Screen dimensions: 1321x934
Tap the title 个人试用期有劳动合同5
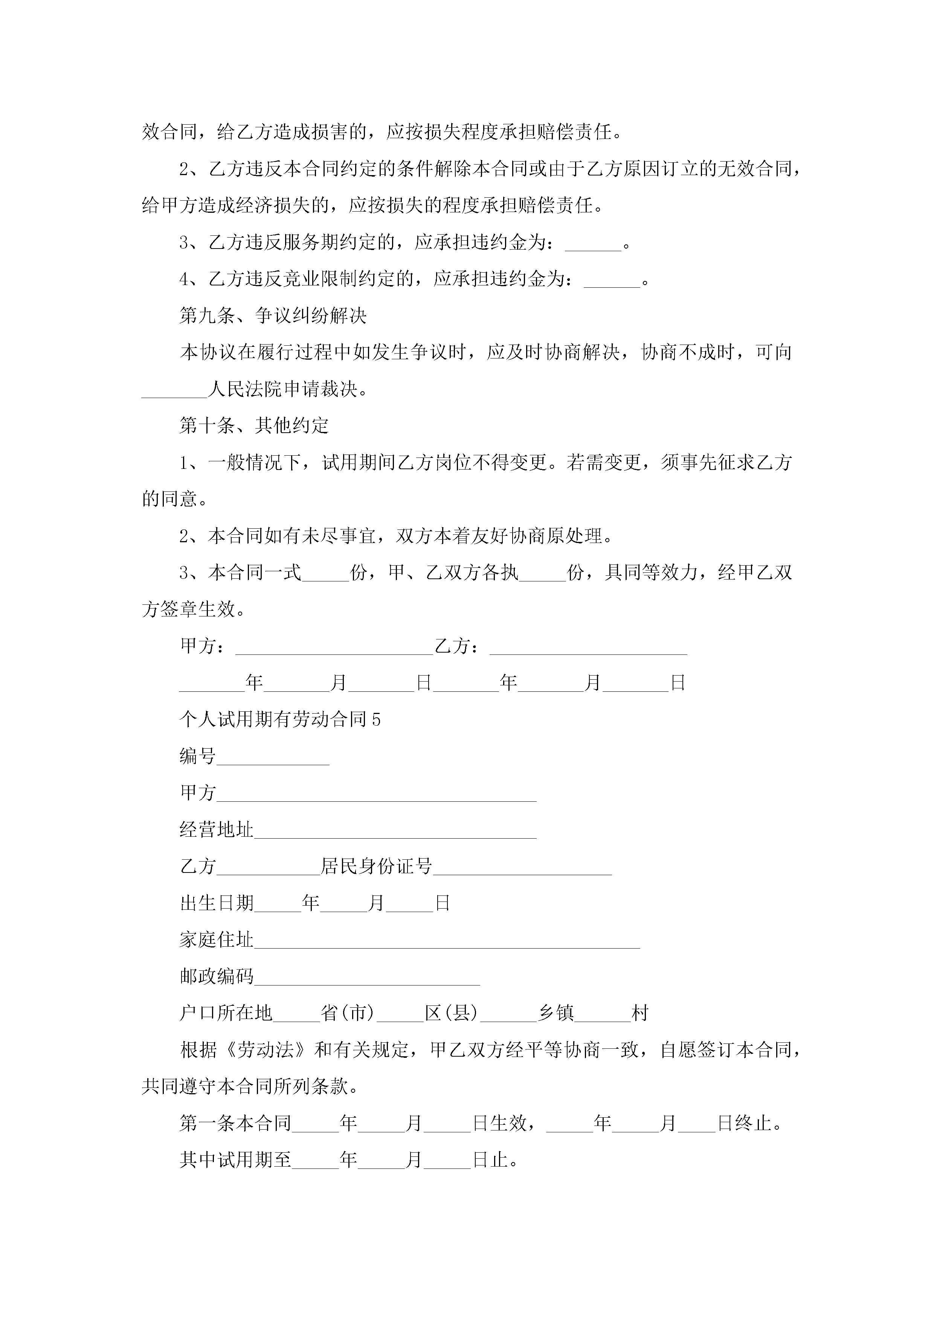tap(280, 719)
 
